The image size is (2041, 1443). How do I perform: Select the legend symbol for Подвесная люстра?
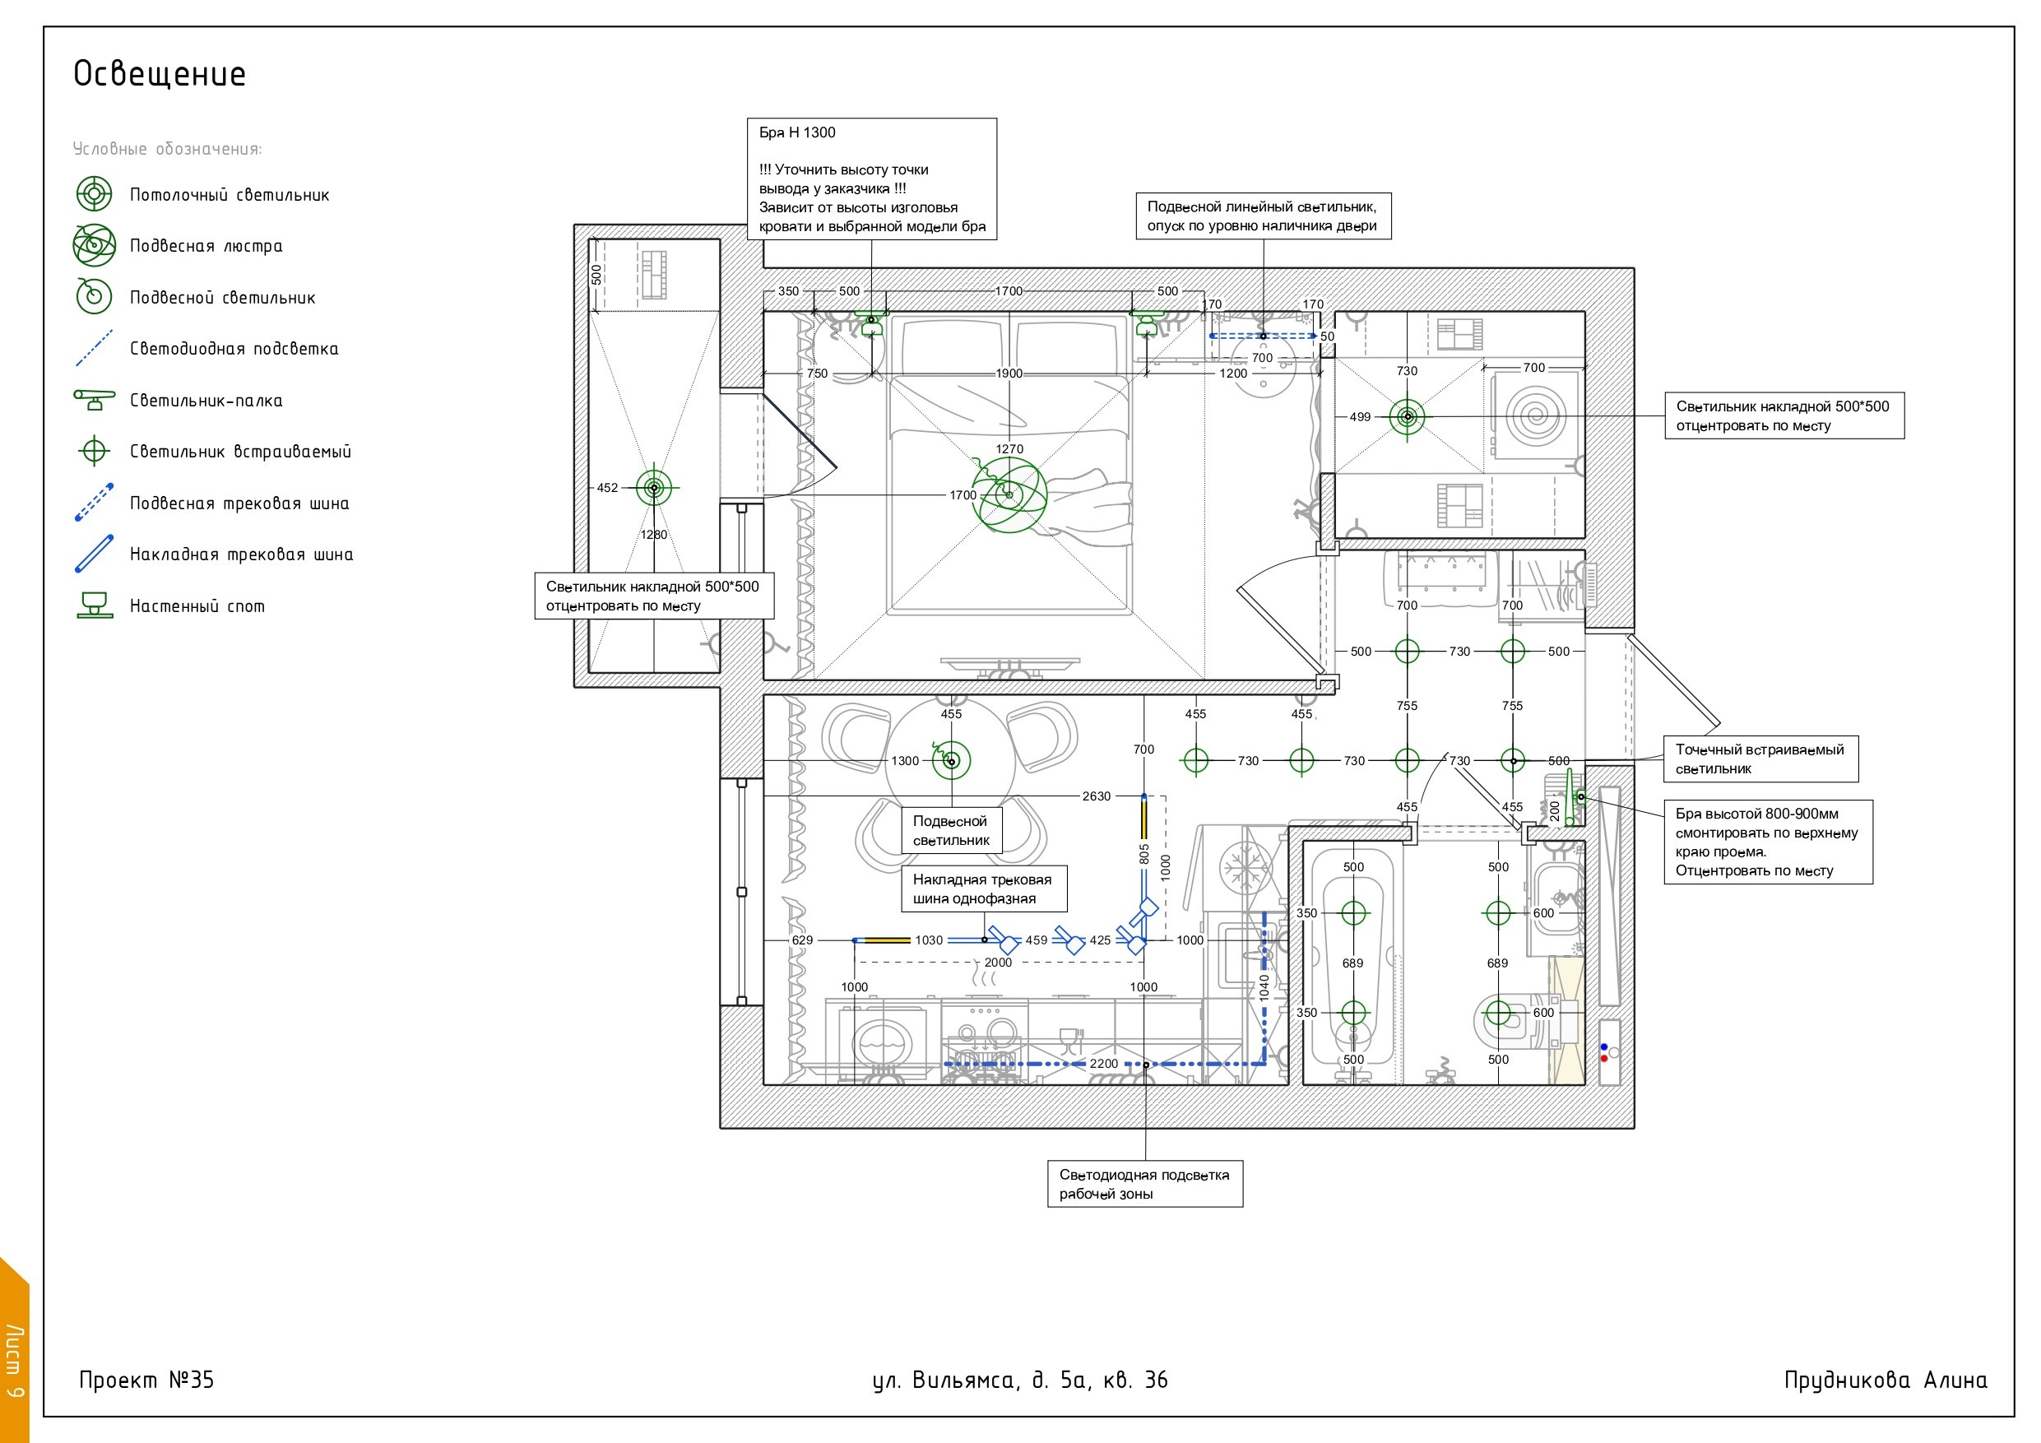point(95,245)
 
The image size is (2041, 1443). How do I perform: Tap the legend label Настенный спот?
point(197,606)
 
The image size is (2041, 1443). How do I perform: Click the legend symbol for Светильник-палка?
point(95,399)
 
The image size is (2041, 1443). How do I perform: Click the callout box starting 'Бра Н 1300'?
point(871,179)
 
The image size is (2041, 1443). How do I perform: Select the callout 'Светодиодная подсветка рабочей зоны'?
point(1145,1183)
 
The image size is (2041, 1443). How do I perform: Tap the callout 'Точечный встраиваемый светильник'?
point(1760,759)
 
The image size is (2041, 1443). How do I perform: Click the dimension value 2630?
point(1096,796)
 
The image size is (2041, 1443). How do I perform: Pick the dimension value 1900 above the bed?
point(1009,374)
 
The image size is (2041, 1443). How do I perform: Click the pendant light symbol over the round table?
point(950,760)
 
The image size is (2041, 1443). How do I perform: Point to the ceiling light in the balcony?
point(654,487)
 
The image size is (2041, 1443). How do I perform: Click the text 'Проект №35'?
point(146,1379)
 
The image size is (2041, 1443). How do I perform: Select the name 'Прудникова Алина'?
point(1886,1379)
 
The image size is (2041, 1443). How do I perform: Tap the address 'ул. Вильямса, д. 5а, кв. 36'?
point(1019,1380)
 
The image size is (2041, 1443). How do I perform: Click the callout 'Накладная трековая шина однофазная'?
point(984,889)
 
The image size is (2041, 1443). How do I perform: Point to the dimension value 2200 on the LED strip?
point(1103,1064)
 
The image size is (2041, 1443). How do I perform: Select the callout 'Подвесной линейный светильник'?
point(1262,216)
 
